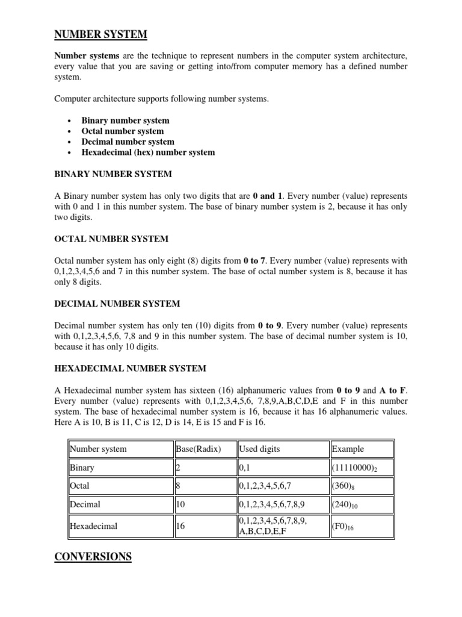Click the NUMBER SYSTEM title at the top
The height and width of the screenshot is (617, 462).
tap(100, 34)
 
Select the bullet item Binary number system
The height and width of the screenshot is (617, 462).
tap(125, 121)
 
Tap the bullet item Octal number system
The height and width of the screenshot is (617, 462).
tap(122, 131)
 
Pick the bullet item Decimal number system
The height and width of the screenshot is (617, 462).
tap(128, 142)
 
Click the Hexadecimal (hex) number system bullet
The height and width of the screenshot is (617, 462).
tap(148, 152)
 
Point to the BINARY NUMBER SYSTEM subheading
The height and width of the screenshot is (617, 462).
tap(113, 174)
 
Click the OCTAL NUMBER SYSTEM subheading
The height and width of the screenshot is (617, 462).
tap(111, 239)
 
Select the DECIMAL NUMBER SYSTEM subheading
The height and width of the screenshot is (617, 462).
tap(117, 304)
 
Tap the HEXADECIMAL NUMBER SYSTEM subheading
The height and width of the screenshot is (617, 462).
tap(131, 368)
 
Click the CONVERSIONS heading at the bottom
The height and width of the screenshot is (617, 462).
tap(93, 557)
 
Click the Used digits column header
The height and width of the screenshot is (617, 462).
tap(259, 449)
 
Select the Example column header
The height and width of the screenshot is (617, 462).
tap(348, 449)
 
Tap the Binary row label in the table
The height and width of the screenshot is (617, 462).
tap(82, 468)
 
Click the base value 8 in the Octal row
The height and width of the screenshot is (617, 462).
tap(179, 486)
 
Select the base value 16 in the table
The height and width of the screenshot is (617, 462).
tap(180, 526)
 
